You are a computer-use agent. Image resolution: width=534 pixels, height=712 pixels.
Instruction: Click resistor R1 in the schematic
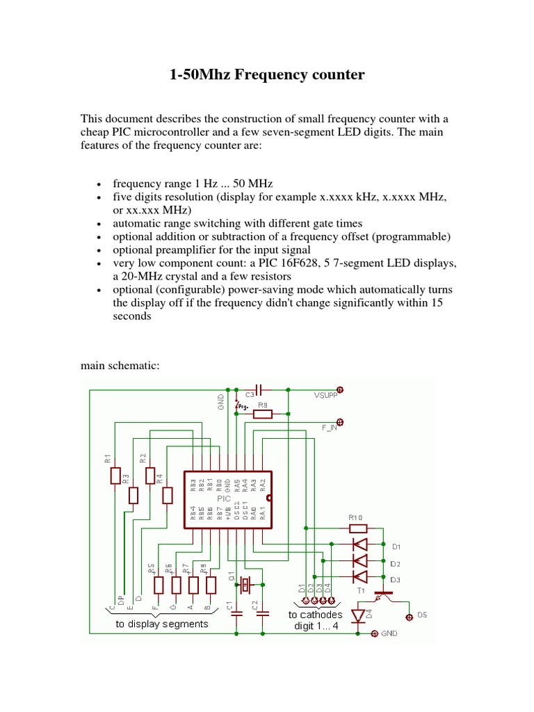coord(115,476)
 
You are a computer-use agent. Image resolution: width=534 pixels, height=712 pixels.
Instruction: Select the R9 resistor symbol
coord(263,414)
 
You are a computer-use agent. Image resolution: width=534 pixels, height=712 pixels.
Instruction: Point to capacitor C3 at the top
coord(259,389)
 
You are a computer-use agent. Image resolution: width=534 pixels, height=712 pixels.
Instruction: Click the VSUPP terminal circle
coord(340,389)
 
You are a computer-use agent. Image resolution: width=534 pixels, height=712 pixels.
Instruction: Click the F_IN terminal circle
coord(340,421)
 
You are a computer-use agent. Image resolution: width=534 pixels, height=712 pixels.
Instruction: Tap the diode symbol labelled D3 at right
coord(360,577)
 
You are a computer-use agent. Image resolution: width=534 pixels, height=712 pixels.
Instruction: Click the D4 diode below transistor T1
coord(359,616)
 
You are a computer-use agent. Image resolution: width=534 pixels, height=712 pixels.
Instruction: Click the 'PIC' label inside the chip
coord(224,499)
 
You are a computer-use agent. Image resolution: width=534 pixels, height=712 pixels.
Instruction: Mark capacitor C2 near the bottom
coord(263,614)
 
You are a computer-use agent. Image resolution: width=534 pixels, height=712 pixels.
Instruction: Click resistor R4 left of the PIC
coord(167,495)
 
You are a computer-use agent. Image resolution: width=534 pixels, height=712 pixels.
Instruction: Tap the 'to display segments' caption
coord(162,624)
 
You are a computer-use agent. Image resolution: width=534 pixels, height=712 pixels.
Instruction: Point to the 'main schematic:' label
coord(120,365)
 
